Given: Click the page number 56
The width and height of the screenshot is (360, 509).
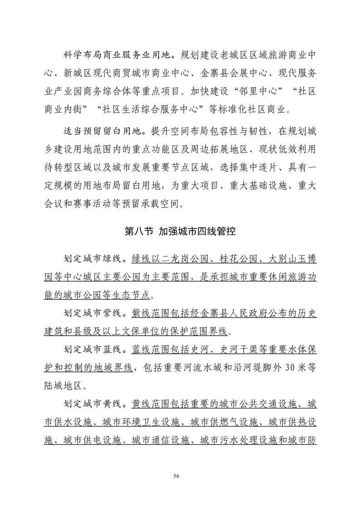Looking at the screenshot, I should point(180,476).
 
